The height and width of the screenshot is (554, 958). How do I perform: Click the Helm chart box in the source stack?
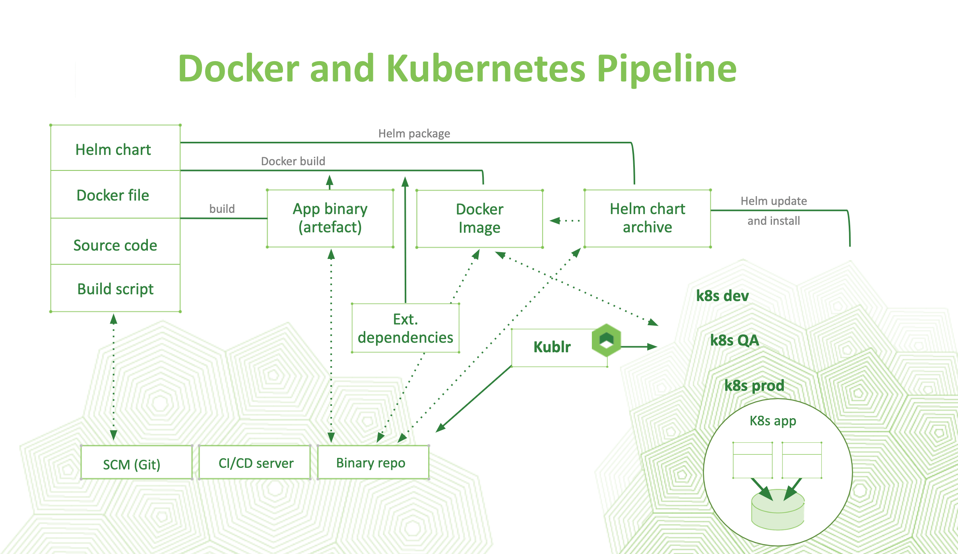(x=115, y=149)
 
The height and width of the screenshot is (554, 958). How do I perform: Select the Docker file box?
(x=115, y=195)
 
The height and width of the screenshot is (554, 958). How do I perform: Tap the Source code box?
(x=115, y=245)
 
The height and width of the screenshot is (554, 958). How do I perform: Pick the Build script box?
(x=115, y=289)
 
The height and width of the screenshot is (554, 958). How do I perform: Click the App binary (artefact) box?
(x=330, y=218)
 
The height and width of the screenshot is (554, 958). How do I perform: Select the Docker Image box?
(x=479, y=218)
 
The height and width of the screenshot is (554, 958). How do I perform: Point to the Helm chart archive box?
(x=647, y=218)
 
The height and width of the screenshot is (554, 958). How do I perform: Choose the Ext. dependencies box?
(x=405, y=328)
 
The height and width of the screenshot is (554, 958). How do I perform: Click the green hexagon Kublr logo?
(x=606, y=340)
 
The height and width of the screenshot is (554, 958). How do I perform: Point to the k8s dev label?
(x=722, y=296)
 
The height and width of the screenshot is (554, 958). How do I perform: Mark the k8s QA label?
(x=735, y=340)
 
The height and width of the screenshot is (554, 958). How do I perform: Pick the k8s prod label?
(x=754, y=385)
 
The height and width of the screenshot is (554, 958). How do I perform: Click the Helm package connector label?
(x=414, y=133)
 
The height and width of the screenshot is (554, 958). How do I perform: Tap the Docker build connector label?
(x=293, y=161)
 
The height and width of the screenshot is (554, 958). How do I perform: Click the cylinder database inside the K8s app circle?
(x=778, y=510)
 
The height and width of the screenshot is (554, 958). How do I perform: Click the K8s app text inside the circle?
(x=773, y=421)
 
